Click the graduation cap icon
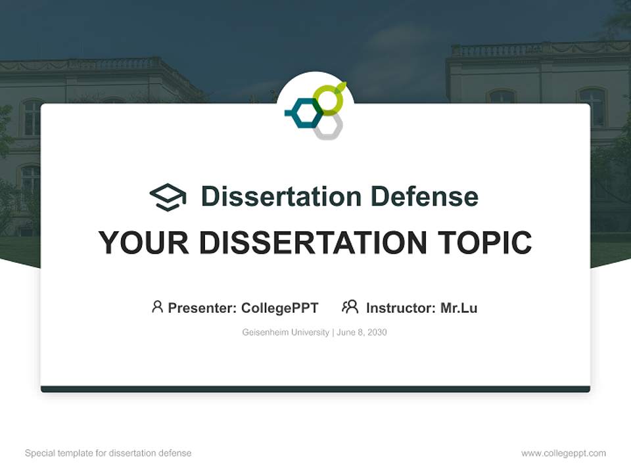coord(168,197)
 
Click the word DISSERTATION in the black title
coord(312,242)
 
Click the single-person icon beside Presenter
coord(157,307)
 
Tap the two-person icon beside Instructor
coord(350,307)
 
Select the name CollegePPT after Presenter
coord(280,308)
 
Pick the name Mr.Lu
coord(459,308)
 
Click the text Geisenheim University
coord(285,332)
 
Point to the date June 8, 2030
coord(362,332)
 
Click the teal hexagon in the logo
coord(304,114)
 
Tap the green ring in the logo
coord(328,100)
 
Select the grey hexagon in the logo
coord(327,126)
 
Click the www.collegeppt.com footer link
coord(563,453)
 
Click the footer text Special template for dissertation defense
coord(108,453)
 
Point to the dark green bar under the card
coord(315,389)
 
